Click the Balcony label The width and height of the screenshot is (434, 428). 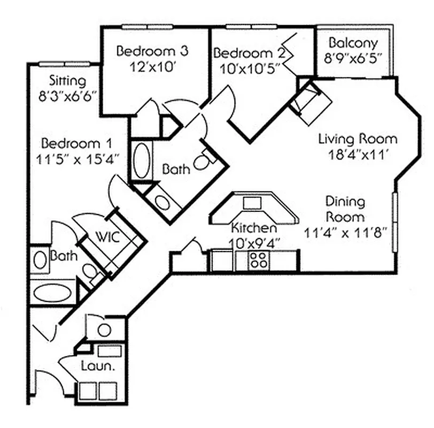[x=353, y=43]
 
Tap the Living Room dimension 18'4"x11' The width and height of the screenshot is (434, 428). [x=358, y=154]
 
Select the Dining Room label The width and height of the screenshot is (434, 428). [x=345, y=209]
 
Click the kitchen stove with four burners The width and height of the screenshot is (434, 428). [x=259, y=261]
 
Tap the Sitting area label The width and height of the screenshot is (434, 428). [x=67, y=81]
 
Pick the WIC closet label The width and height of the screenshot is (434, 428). [x=107, y=236]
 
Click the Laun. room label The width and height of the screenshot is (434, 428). [x=96, y=366]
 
